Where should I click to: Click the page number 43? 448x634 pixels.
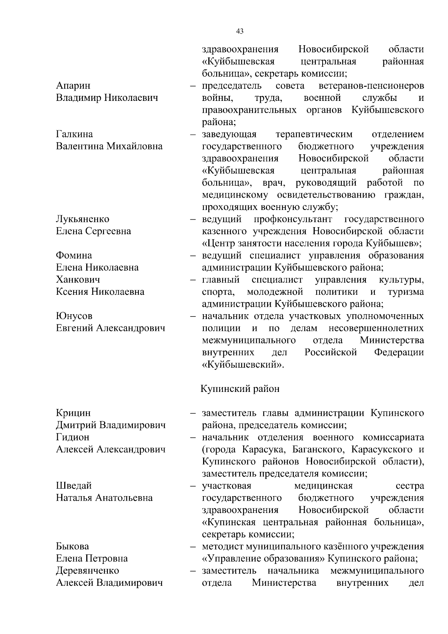pyautogui.click(x=240, y=31)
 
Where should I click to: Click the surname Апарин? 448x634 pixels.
pyautogui.click(x=73, y=86)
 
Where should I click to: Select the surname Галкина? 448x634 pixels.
pyautogui.click(x=75, y=134)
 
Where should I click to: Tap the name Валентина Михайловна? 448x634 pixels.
pyautogui.click(x=109, y=146)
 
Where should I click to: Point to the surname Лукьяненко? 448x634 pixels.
pyautogui.click(x=83, y=219)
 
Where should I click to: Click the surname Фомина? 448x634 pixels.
pyautogui.click(x=74, y=256)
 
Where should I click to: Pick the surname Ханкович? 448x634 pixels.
pyautogui.click(x=78, y=279)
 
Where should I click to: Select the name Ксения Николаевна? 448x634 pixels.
pyautogui.click(x=100, y=292)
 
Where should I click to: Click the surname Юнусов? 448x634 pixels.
pyautogui.click(x=74, y=316)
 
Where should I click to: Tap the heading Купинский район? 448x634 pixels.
pyautogui.click(x=240, y=389)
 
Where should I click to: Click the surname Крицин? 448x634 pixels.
pyautogui.click(x=73, y=413)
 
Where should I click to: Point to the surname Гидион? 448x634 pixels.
pyautogui.click(x=73, y=437)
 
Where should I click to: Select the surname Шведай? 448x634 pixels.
pyautogui.click(x=74, y=486)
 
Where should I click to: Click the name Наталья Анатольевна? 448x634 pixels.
pyautogui.click(x=104, y=498)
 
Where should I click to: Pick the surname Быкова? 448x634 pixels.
pyautogui.click(x=72, y=547)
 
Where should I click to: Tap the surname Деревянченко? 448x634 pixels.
pyautogui.click(x=87, y=570)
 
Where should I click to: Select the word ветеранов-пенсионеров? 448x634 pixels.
pyautogui.click(x=371, y=86)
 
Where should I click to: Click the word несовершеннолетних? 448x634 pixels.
pyautogui.click(x=376, y=328)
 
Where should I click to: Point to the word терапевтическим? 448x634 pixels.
pyautogui.click(x=314, y=134)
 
